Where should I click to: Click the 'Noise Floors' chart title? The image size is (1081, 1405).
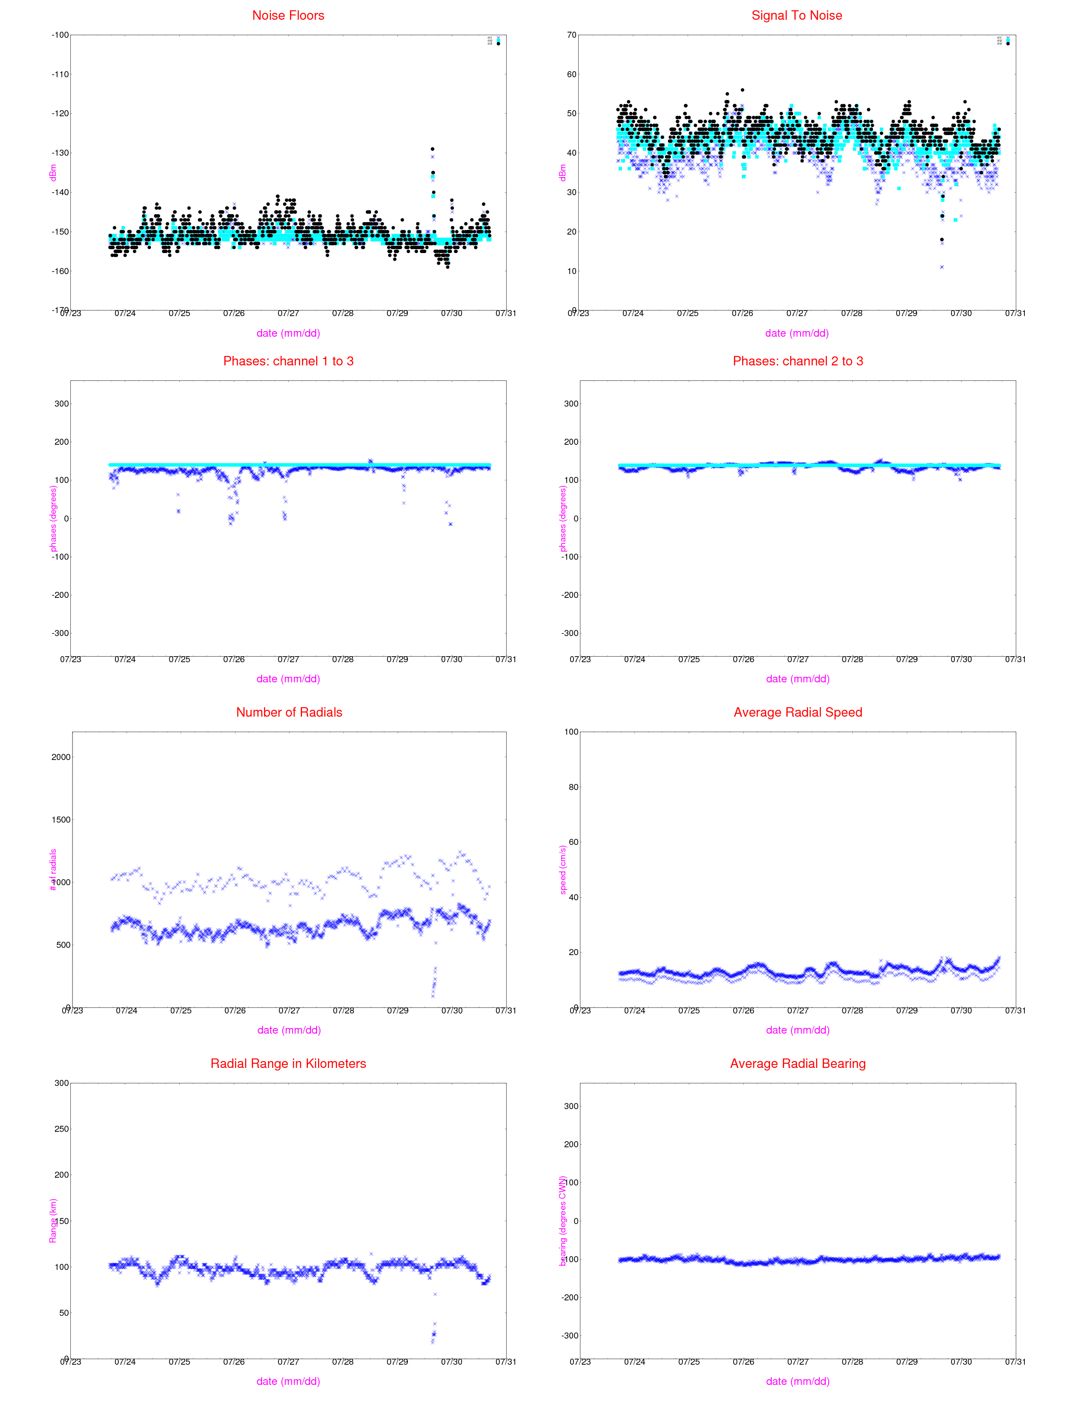288,15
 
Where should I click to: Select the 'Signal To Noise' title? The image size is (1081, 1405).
797,15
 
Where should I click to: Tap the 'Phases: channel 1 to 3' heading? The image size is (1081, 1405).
288,361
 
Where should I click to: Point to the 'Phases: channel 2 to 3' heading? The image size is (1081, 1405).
798,361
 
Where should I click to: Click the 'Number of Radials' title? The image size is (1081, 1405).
289,712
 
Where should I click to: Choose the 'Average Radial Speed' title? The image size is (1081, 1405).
798,712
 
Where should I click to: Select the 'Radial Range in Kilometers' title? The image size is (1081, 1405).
288,1064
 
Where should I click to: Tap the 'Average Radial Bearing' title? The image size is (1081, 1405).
798,1064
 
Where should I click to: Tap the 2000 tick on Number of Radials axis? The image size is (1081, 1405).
61,757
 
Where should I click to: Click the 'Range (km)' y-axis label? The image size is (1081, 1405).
53,1221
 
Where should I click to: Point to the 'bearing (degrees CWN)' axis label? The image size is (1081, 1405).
563,1221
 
